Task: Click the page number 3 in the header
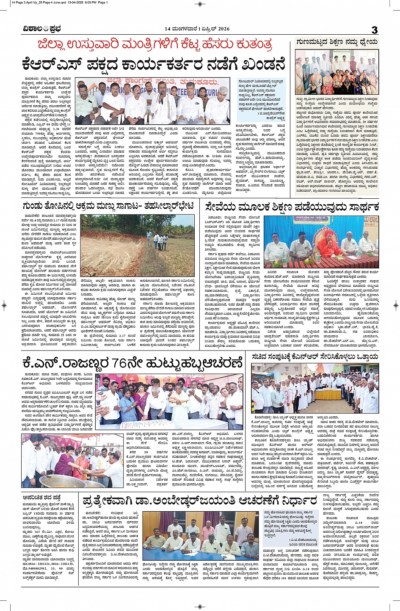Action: click(x=374, y=30)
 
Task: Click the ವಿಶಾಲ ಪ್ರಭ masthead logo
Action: click(x=42, y=29)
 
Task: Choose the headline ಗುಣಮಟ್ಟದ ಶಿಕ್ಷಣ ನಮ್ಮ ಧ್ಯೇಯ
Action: click(x=337, y=42)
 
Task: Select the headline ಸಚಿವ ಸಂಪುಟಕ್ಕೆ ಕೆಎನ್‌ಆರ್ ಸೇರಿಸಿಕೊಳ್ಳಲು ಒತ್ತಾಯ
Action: click(x=315, y=357)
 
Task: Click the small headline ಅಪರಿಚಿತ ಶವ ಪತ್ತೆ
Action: click(x=41, y=498)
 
